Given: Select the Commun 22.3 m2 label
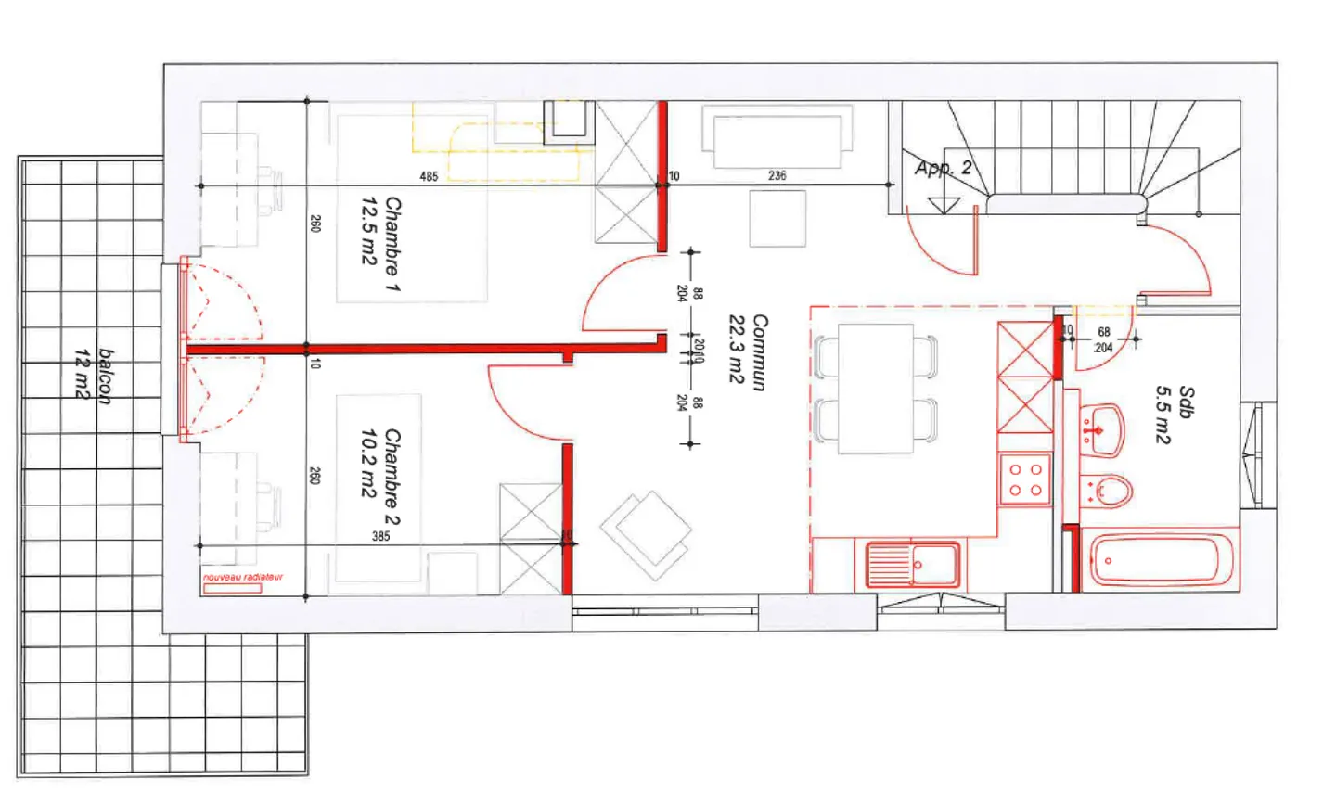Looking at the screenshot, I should [x=748, y=351].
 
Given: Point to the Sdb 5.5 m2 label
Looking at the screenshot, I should [x=1175, y=414].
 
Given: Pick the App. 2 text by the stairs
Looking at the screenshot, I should [x=943, y=168].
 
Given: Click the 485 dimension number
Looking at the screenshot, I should [x=429, y=176].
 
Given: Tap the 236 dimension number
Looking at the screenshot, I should [x=777, y=175].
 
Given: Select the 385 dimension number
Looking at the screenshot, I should [x=380, y=536].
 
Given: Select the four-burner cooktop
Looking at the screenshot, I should [x=1025, y=479].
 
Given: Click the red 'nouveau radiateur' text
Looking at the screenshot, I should [x=243, y=578].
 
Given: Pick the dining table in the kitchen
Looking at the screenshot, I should [x=875, y=388].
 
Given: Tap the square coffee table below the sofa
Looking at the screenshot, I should [x=777, y=220].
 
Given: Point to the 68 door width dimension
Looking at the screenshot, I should [x=1104, y=332].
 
